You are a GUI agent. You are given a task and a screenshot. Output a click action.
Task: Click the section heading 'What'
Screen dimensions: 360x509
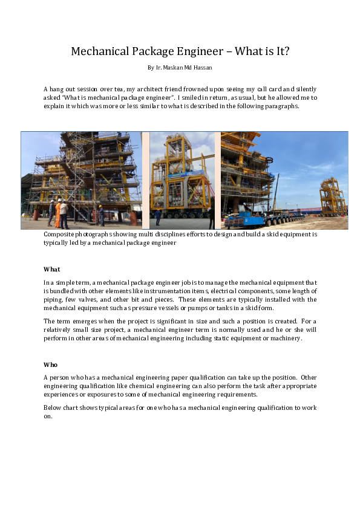[x=52, y=269]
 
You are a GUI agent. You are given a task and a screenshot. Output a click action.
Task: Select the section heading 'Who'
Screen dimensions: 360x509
[x=51, y=365]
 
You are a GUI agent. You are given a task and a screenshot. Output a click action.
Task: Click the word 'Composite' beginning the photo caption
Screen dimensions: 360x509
[x=61, y=234]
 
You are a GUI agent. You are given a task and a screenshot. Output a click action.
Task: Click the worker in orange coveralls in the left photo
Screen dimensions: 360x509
[x=58, y=212]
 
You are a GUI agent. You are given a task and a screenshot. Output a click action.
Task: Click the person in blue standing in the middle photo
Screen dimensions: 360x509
[x=158, y=216]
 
